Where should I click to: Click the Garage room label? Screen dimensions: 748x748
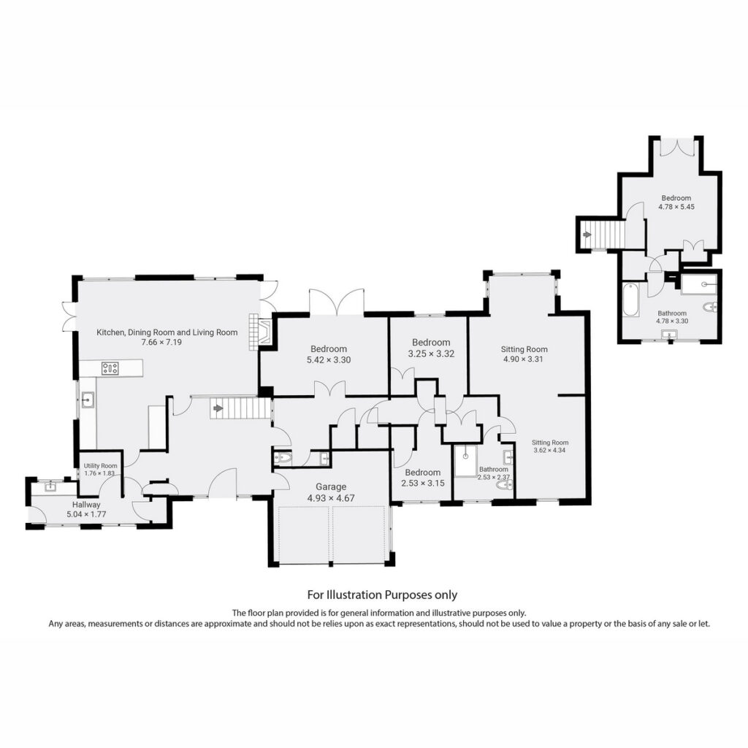click(331, 487)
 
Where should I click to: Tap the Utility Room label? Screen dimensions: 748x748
click(100, 466)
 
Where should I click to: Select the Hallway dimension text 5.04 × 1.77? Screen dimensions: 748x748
click(86, 514)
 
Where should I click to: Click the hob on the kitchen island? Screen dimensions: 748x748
click(110, 368)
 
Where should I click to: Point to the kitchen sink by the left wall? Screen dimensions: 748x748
click(88, 400)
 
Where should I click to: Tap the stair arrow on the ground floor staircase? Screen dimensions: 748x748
click(217, 409)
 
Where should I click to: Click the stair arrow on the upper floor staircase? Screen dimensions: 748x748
click(587, 234)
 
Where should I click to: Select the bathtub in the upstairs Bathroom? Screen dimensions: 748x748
click(630, 299)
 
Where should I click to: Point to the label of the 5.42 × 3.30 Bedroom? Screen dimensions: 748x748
click(329, 348)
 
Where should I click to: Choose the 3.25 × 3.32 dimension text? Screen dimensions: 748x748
click(431, 354)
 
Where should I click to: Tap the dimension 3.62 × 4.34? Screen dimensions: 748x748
click(550, 450)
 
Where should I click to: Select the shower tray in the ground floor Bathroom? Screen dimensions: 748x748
click(465, 461)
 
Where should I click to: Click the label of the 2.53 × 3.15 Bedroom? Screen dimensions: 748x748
click(423, 473)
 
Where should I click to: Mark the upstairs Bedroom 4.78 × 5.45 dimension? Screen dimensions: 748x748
click(676, 207)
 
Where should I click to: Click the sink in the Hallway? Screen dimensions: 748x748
click(50, 486)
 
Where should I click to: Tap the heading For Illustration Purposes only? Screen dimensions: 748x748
click(382, 595)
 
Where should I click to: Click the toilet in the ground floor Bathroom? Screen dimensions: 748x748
click(504, 486)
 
